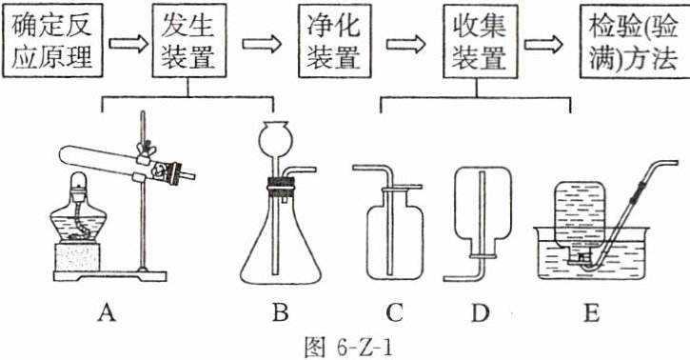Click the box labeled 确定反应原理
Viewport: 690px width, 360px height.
point(52,41)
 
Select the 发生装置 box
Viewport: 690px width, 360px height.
point(189,41)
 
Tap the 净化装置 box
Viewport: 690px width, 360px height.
point(334,41)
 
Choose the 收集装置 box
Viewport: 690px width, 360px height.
point(480,41)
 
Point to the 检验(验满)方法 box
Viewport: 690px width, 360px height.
point(635,41)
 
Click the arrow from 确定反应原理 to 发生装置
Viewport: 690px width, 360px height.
point(128,44)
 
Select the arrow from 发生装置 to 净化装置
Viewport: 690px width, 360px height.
point(262,44)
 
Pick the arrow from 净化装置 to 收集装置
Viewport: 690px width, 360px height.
point(406,44)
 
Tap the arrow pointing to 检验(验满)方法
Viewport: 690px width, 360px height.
point(543,44)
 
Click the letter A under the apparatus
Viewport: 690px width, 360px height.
point(108,313)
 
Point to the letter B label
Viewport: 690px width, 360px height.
point(281,313)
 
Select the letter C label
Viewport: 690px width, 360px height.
point(394,313)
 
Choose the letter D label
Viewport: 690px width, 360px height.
point(480,313)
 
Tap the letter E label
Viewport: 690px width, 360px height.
point(591,313)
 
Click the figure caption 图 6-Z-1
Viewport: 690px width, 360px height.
point(348,348)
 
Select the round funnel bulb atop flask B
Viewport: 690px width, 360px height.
point(273,137)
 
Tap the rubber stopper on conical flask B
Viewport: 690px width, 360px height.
point(281,188)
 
